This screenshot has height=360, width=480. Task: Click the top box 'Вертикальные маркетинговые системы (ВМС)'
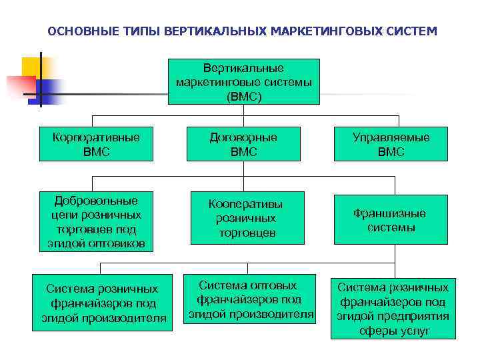(x=243, y=81)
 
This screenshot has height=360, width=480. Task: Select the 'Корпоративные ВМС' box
(x=96, y=145)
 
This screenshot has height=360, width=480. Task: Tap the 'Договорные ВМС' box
(x=243, y=145)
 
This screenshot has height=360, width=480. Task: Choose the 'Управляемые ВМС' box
(x=391, y=145)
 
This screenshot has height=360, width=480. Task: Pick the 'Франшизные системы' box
(x=390, y=221)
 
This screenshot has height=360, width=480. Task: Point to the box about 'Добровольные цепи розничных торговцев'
(x=97, y=223)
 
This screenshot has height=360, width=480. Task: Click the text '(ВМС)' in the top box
(x=244, y=96)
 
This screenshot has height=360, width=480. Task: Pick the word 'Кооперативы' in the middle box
(x=245, y=204)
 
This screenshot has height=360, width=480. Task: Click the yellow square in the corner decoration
(x=32, y=67)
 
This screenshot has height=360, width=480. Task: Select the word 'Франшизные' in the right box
(x=390, y=213)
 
